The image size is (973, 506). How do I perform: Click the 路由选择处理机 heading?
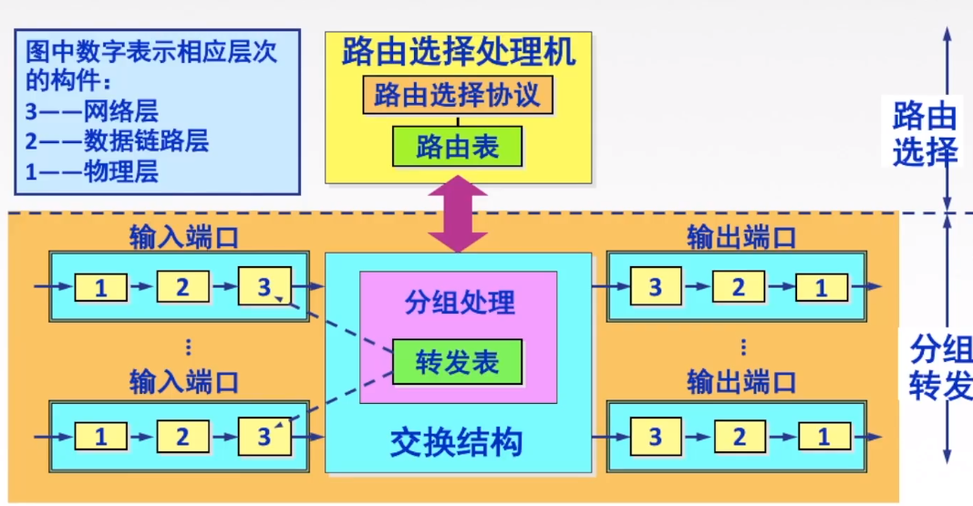(x=459, y=52)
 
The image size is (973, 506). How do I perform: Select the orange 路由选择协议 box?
(x=458, y=95)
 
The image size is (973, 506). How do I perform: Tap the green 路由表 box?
(x=458, y=146)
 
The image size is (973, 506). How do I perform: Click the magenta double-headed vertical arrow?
(x=459, y=214)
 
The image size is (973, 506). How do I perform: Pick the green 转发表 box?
(x=458, y=362)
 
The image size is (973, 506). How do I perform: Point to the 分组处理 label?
(x=459, y=302)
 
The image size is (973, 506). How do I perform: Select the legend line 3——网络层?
(x=93, y=111)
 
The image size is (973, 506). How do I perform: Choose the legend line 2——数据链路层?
(x=118, y=140)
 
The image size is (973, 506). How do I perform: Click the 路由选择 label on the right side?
(x=925, y=133)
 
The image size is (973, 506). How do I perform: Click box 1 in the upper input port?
(x=100, y=288)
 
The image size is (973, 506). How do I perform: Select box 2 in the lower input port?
(x=181, y=437)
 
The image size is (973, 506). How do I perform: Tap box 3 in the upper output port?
(x=655, y=287)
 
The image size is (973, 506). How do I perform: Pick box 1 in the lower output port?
(x=821, y=437)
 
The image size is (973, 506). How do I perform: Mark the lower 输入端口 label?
(x=184, y=380)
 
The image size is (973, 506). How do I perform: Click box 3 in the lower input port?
(x=264, y=436)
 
